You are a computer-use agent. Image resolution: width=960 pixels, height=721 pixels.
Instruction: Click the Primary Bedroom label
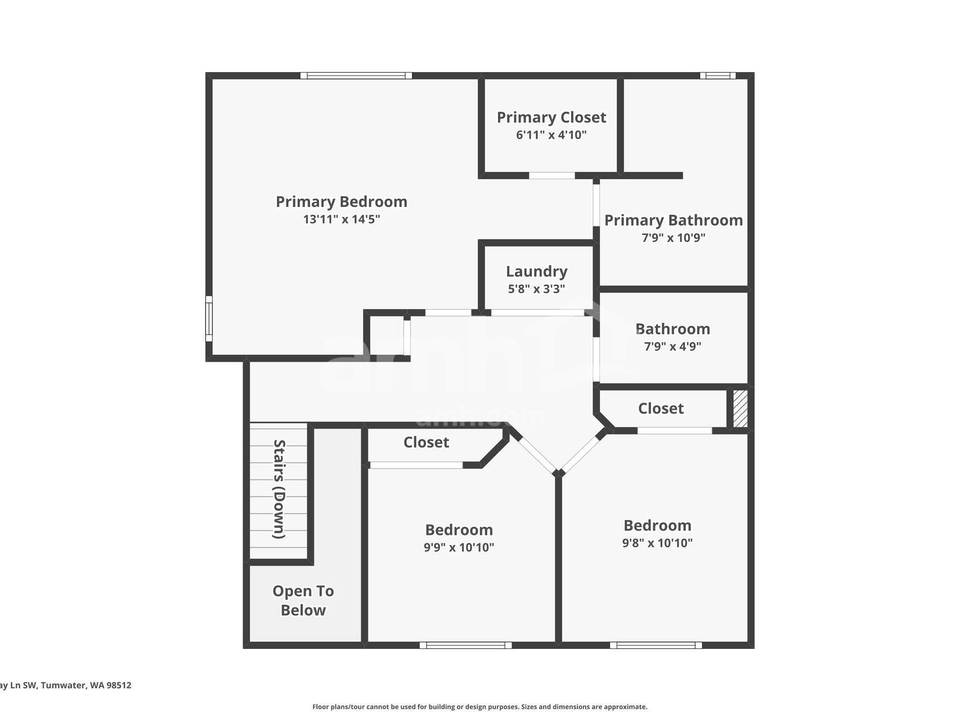coord(341,202)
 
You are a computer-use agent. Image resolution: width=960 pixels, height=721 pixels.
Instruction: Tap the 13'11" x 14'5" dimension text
coord(342,219)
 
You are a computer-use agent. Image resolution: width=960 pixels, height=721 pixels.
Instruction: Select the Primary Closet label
coord(551,117)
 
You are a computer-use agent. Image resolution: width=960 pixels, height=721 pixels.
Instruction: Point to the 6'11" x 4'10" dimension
coord(551,135)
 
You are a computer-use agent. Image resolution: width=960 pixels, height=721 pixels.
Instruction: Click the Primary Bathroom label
coord(674,220)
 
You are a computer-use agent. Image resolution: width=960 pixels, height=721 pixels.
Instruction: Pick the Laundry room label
coord(537,272)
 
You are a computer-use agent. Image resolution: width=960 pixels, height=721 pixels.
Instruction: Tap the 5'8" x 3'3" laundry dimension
coord(537,289)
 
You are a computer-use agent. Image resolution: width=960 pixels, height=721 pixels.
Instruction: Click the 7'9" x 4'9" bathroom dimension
coord(673,346)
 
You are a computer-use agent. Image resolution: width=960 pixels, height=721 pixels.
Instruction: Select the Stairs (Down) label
coord(280,489)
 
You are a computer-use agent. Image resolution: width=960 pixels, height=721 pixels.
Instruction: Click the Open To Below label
coord(303,600)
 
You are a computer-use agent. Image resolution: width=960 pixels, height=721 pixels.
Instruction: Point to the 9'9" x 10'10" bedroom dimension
coord(459,547)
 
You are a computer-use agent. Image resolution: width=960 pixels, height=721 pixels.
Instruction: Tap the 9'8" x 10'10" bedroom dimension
coord(657,543)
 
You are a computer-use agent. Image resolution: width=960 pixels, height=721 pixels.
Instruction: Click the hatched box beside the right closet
coord(741,408)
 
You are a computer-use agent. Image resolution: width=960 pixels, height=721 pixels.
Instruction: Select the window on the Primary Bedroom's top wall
coord(356,75)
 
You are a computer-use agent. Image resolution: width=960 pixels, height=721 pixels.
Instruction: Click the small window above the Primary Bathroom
coord(717,75)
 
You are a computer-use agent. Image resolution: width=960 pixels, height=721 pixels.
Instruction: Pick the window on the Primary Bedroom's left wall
coord(209,319)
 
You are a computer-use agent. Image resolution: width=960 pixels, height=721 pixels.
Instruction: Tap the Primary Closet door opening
coord(552,176)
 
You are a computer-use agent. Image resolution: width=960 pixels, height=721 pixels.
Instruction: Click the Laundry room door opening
coord(538,313)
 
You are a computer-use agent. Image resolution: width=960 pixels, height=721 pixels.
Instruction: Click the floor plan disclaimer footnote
coord(480,707)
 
